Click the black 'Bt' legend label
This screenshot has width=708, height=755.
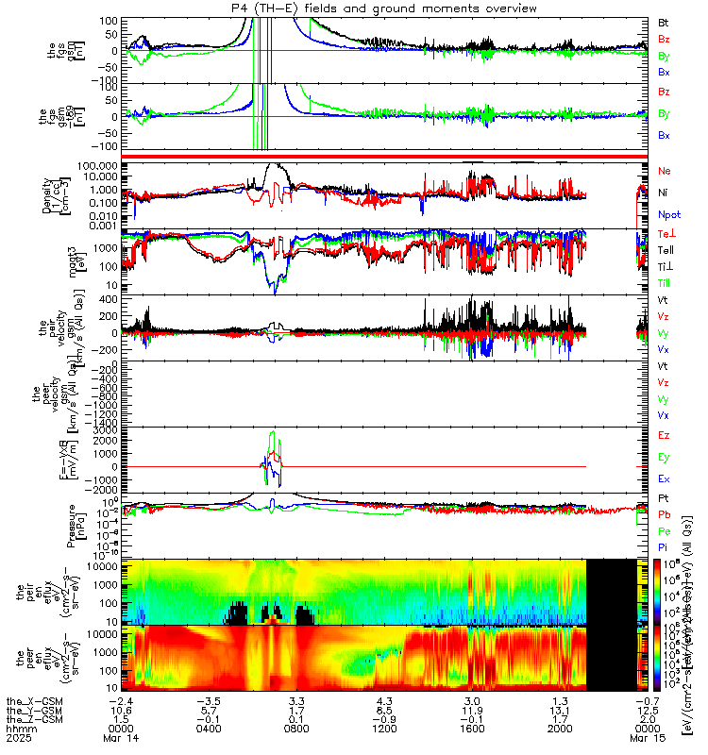pyautogui.click(x=664, y=21)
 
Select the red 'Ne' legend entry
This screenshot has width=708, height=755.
pyautogui.click(x=664, y=171)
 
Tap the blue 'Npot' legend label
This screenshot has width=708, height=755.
pyautogui.click(x=668, y=215)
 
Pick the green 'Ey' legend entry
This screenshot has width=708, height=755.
pyautogui.click(x=664, y=458)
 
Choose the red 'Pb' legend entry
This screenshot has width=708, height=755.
pyautogui.click(x=664, y=515)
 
